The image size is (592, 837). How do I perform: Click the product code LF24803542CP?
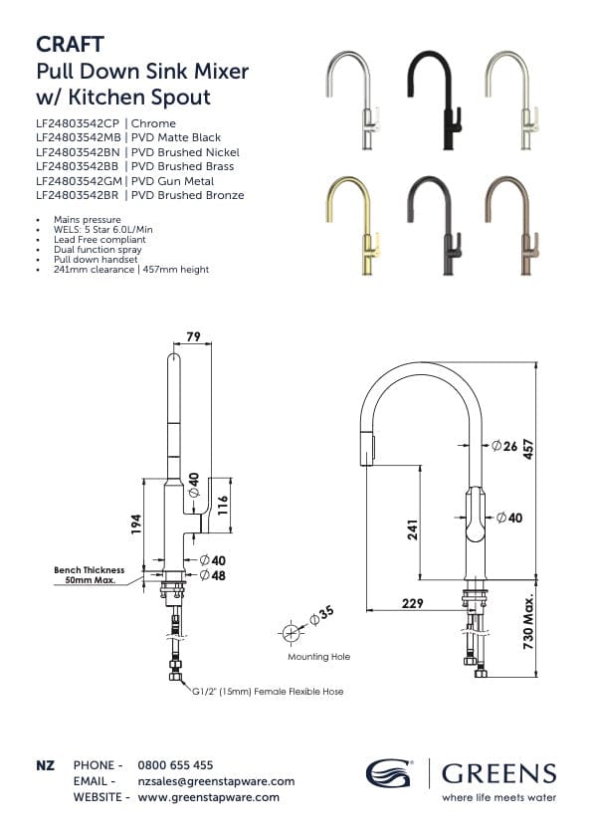coord(78,123)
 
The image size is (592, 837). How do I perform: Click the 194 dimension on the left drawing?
coord(136,522)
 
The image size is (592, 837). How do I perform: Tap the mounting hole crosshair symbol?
coord(292,634)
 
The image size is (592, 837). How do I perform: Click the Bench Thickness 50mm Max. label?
coord(89,574)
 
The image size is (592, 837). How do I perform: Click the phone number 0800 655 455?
coord(175,765)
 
